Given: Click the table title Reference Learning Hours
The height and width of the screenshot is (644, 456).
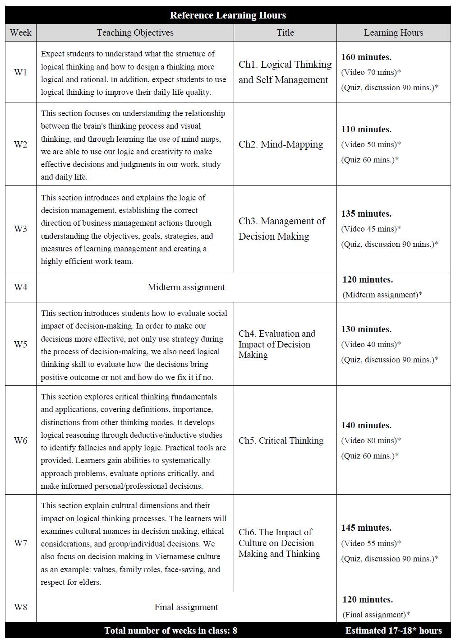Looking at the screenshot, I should [228, 15].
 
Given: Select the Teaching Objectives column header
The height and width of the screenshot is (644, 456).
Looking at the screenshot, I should [135, 32].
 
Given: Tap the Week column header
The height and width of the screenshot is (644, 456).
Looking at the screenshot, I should [21, 32].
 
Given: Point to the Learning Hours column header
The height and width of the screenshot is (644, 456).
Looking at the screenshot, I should [393, 32].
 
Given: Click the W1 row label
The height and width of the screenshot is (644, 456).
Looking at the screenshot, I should [21, 72].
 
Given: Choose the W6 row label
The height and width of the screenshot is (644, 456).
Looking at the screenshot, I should [21, 440].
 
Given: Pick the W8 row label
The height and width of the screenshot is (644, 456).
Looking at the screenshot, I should [21, 607].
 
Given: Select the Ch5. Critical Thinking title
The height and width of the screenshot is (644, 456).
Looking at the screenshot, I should [281, 440].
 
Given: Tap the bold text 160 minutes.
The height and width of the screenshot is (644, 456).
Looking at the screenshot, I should [366, 57].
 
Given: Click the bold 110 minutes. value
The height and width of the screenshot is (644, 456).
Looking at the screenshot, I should [366, 130].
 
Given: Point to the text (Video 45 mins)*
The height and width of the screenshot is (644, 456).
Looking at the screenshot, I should [371, 229].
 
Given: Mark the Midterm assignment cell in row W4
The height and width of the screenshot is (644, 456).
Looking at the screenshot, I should [186, 287].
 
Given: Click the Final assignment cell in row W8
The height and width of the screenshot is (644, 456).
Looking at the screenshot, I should [186, 607].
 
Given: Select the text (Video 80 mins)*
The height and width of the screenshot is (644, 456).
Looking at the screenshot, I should [371, 440].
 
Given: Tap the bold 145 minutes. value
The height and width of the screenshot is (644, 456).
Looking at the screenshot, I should [366, 528].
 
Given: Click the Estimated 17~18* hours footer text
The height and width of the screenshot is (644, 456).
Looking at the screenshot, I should [393, 630].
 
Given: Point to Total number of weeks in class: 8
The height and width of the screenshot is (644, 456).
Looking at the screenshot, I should [170, 630].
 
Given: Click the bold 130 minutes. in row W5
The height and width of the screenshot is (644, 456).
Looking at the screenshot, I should [366, 329].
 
